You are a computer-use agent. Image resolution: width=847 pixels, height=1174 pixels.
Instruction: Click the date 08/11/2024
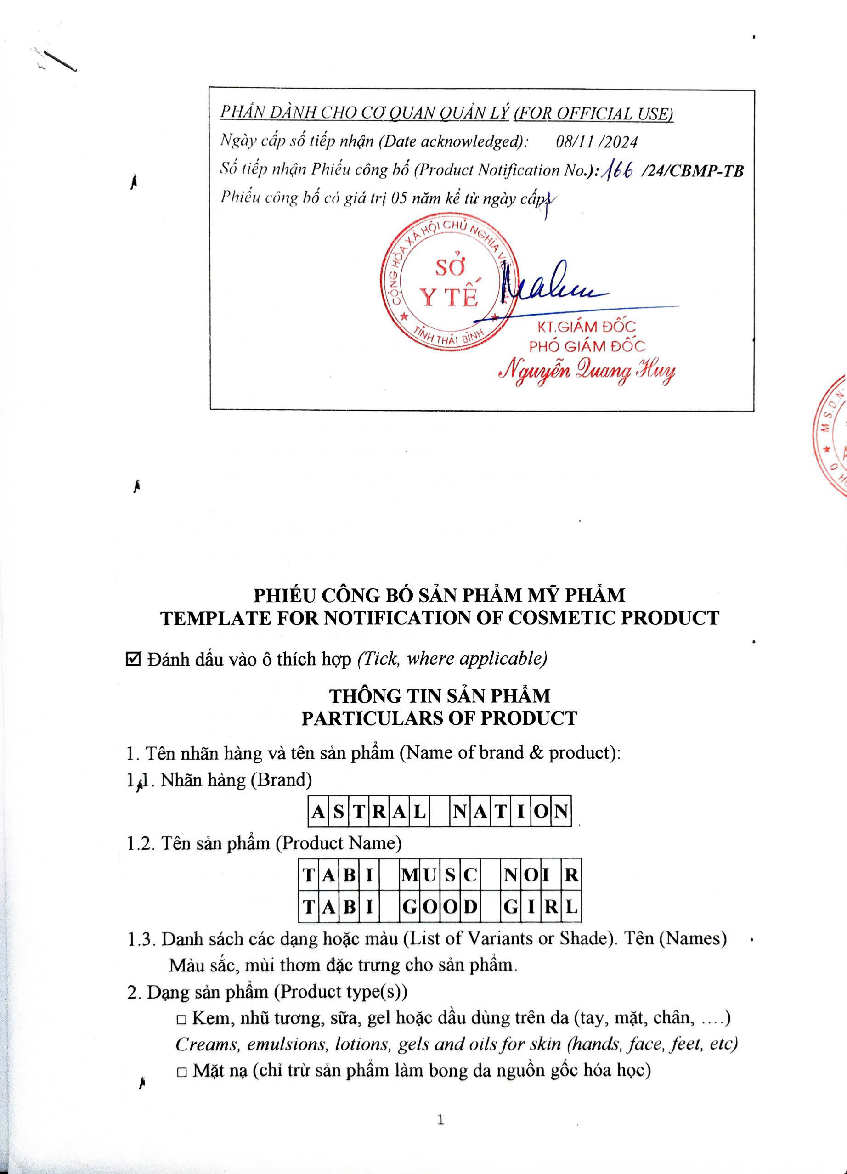(596, 142)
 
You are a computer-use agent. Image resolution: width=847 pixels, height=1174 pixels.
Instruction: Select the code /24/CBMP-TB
(692, 170)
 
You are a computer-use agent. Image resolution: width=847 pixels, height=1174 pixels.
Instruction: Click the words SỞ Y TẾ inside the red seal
(449, 284)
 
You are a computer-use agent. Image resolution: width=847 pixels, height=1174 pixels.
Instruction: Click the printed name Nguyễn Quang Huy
(587, 372)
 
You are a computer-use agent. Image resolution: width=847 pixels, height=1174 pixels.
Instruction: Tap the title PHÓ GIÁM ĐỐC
(587, 346)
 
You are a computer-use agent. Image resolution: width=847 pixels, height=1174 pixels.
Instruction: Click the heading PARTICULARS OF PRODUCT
(439, 718)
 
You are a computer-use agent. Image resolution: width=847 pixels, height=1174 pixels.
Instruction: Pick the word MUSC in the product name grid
(439, 875)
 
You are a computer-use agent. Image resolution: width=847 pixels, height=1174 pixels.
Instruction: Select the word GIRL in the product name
(541, 907)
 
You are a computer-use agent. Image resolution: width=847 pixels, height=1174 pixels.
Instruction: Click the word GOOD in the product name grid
(439, 907)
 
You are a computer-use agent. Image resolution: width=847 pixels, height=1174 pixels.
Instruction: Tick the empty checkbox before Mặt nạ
(181, 1072)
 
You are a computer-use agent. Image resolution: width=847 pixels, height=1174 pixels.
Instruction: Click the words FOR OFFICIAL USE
(593, 114)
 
